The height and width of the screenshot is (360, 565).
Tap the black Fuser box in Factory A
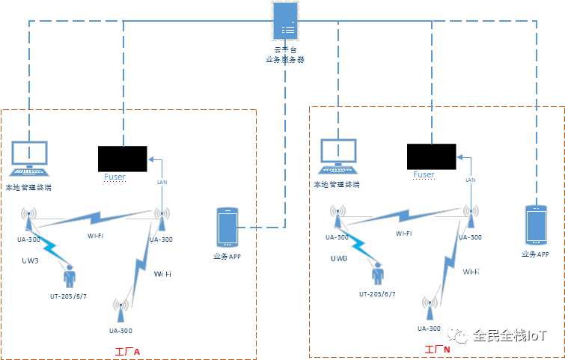click(x=123, y=159)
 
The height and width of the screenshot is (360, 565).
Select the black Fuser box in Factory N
click(x=431, y=156)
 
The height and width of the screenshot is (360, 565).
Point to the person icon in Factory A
click(x=70, y=275)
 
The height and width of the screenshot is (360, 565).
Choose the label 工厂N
click(x=437, y=350)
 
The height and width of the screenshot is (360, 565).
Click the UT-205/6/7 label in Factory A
click(x=69, y=296)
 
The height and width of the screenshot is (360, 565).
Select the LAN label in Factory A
click(x=162, y=182)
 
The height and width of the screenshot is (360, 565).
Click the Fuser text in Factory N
click(x=424, y=174)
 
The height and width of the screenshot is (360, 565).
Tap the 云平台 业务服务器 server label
click(x=285, y=54)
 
